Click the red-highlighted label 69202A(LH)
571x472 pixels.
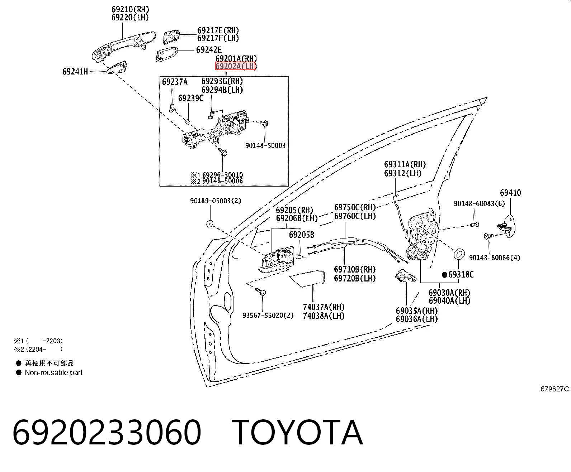click(x=235, y=66)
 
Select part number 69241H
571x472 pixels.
click(x=75, y=72)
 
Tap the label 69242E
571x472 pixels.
click(x=209, y=50)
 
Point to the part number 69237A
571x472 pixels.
click(x=175, y=82)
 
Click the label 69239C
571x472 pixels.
click(x=191, y=98)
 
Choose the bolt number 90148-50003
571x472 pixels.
click(x=265, y=146)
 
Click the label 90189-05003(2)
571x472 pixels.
click(x=216, y=201)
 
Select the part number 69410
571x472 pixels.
click(x=510, y=193)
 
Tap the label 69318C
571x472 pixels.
click(x=461, y=275)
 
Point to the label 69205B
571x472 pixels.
click(x=302, y=235)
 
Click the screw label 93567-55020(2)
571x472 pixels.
click(x=268, y=316)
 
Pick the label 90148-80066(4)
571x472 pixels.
click(x=495, y=257)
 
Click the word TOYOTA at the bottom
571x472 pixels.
click(x=297, y=433)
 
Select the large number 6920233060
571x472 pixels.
click(x=107, y=433)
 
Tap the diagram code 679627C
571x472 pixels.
click(x=555, y=389)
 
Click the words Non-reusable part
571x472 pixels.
click(x=53, y=372)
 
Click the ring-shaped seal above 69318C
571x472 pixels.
click(x=459, y=254)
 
